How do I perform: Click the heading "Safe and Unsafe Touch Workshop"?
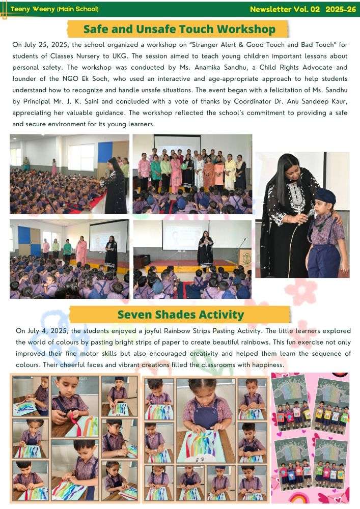179,29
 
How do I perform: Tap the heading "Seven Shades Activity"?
180,315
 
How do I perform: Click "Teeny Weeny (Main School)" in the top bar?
54,9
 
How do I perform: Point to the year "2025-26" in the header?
340,9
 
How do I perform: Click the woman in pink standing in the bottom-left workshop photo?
81,252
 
